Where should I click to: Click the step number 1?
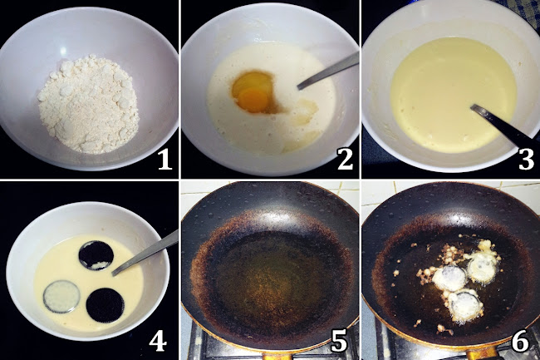click(x=164, y=160)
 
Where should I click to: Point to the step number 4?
click(x=158, y=341)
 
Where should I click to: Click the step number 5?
click(x=339, y=341)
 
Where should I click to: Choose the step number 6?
click(x=520, y=341)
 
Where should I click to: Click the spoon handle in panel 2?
click(x=328, y=71)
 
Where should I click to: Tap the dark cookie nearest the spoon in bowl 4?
click(x=96, y=255)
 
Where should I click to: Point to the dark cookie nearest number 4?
click(x=105, y=305)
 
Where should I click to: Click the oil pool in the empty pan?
click(x=268, y=275)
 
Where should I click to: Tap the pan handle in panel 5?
click(x=276, y=356)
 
